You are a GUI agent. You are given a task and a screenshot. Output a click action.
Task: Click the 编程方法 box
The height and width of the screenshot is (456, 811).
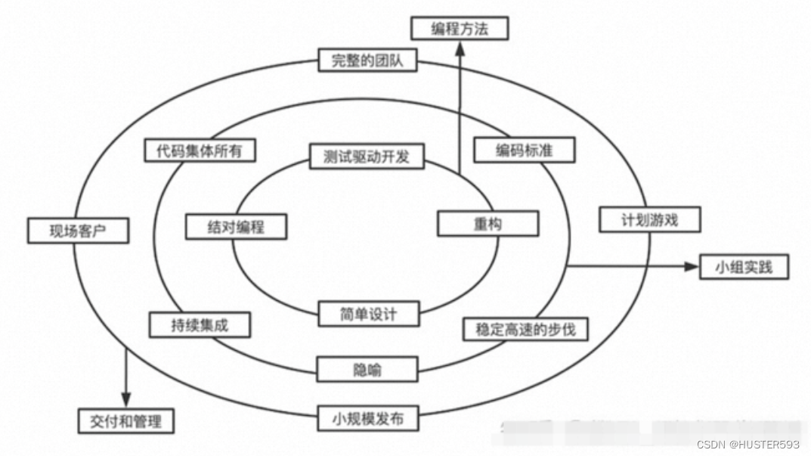point(459,29)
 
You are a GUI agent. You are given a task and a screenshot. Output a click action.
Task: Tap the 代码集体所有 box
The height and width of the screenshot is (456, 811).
point(200,150)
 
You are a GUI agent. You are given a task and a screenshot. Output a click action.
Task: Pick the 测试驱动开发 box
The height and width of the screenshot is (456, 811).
point(367,157)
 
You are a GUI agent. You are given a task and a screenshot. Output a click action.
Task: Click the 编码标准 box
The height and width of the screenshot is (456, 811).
point(524,150)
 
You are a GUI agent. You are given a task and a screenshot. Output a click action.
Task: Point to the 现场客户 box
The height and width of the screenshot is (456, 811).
point(77,231)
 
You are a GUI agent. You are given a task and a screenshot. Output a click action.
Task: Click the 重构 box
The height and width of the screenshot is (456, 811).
point(488,225)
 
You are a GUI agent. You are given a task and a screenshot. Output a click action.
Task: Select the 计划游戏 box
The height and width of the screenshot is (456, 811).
point(649,220)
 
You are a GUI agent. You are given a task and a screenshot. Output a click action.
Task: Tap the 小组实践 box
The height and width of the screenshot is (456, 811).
point(744,267)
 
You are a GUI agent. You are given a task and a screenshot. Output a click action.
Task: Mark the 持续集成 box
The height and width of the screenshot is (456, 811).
point(200,326)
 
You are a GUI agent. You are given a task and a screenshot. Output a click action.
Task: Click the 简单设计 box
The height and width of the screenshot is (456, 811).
point(368,313)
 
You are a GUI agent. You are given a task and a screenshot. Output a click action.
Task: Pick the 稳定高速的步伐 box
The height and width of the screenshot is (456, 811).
point(525,329)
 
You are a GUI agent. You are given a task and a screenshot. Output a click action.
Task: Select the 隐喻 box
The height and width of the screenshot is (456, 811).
point(367,370)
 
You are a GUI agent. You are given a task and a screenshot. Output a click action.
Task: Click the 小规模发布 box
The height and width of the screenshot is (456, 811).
point(367,417)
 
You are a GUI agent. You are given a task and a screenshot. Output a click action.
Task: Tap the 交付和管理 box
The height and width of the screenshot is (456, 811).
point(126,420)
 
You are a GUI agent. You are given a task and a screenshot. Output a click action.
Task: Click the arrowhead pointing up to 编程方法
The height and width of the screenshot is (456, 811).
point(459,48)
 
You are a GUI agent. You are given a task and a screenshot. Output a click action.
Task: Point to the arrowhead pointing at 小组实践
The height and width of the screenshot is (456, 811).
point(689,267)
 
